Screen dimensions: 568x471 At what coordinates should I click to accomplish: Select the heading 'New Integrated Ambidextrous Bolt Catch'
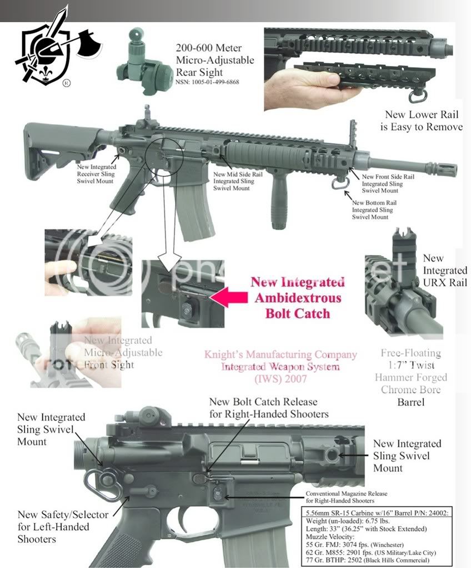coord(297,297)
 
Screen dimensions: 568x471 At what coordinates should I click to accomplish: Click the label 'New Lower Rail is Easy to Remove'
coord(423,121)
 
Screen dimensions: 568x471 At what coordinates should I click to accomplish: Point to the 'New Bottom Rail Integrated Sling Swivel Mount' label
coord(372,210)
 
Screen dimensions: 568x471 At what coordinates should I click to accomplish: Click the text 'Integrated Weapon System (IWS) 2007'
coord(280,372)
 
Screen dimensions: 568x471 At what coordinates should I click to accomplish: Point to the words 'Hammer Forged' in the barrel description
coord(411,377)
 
